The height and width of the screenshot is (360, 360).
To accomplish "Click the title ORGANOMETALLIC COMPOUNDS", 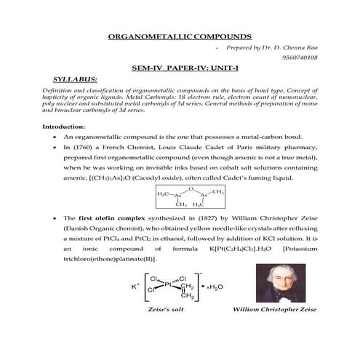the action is pyautogui.click(x=179, y=36).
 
